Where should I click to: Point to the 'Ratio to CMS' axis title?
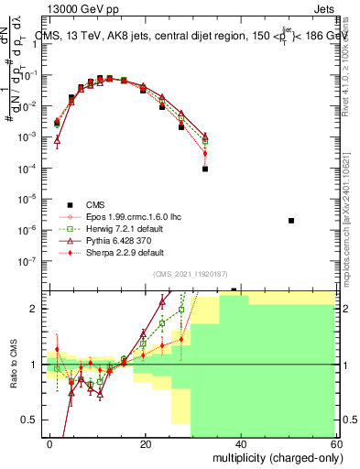[x=13, y=365]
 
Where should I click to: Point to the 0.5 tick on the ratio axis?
[x=35, y=420]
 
